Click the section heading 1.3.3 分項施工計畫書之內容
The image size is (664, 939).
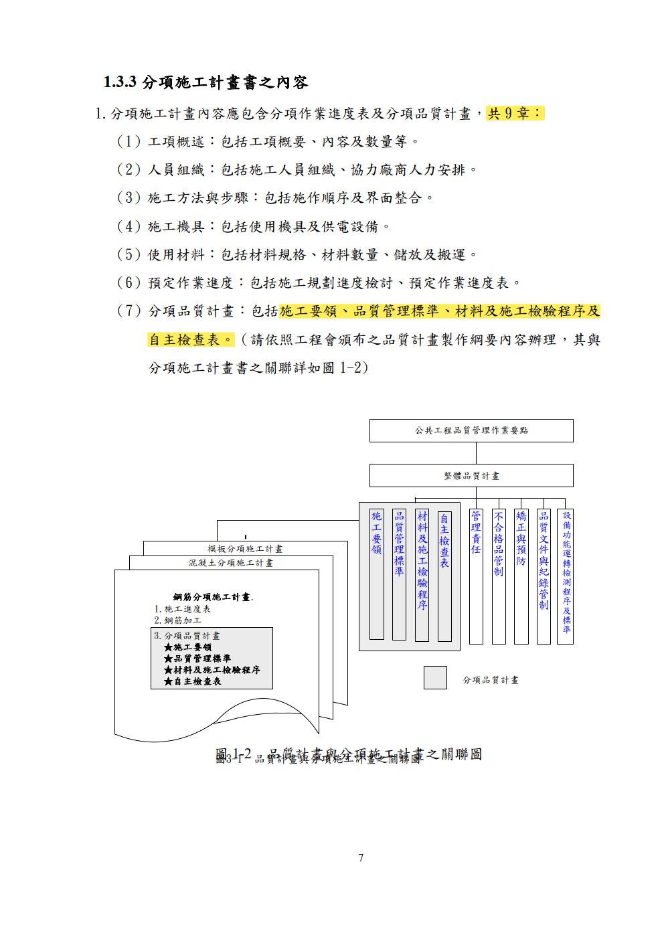(x=205, y=82)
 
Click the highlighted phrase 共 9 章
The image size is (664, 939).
(x=515, y=113)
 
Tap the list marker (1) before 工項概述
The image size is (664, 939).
(x=129, y=142)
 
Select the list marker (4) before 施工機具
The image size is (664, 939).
(x=129, y=226)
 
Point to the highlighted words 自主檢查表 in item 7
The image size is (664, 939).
(x=191, y=339)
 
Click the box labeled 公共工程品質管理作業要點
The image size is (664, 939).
(x=471, y=430)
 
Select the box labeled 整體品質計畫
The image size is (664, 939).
(x=471, y=475)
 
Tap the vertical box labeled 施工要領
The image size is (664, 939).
(x=377, y=574)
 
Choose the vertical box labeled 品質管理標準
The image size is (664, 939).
(x=399, y=574)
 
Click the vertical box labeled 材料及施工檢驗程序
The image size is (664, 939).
(x=422, y=574)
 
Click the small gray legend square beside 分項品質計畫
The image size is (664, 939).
(x=435, y=677)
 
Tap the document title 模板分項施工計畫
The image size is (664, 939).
(x=245, y=549)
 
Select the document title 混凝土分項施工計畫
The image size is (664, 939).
(x=230, y=563)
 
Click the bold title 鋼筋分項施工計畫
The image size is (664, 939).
(x=212, y=597)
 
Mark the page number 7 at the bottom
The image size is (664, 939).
(x=361, y=857)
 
